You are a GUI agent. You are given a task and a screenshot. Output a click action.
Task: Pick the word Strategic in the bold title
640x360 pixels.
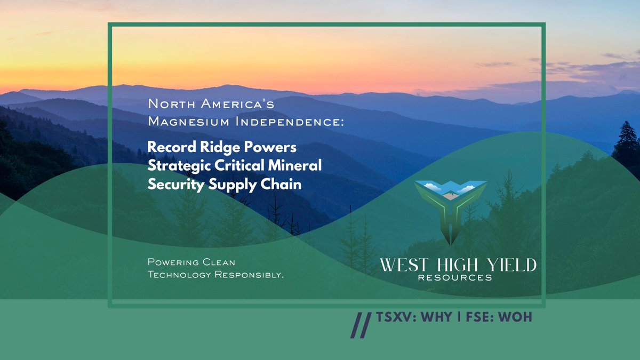click(176, 165)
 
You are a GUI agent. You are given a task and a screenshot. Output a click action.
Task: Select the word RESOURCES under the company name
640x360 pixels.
click(455, 278)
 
